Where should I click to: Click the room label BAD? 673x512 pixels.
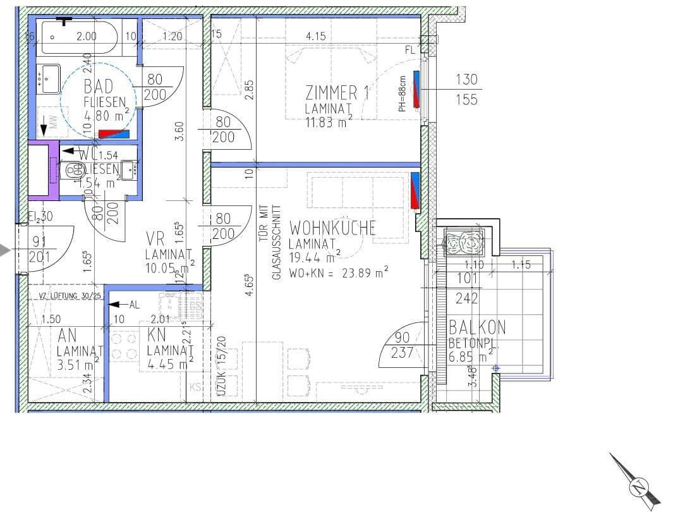[x=99, y=87]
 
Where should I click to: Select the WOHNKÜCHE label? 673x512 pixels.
[x=332, y=228]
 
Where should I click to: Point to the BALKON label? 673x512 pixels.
[x=477, y=327]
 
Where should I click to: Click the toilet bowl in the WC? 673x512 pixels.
[x=75, y=169]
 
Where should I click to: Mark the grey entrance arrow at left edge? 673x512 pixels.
[x=6, y=250]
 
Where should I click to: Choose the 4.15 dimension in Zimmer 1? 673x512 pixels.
[x=315, y=37]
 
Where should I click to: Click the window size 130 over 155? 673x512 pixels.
[x=466, y=89]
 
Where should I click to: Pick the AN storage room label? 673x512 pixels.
[x=67, y=335]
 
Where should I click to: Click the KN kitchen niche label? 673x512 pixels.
[x=156, y=335]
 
